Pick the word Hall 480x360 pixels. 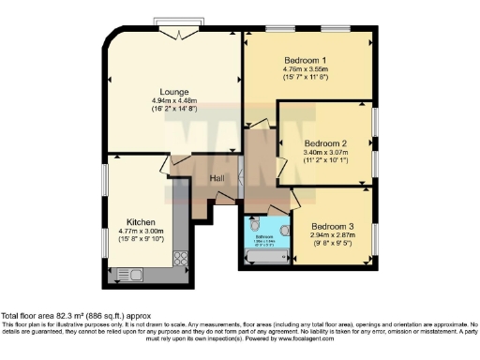point(216,178)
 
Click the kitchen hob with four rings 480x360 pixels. point(181,257)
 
